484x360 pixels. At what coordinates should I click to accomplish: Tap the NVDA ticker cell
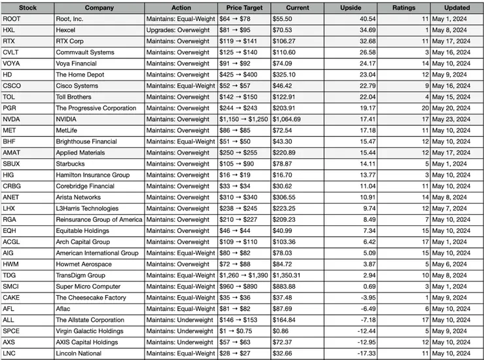(x=11, y=119)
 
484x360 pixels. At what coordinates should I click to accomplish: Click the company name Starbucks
(x=71, y=164)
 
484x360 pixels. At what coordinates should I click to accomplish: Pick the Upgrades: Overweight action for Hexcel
(x=177, y=30)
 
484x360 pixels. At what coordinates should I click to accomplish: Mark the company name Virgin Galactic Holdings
(x=90, y=331)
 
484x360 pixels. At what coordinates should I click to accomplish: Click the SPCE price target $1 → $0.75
(x=235, y=331)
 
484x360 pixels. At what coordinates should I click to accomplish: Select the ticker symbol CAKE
(x=12, y=297)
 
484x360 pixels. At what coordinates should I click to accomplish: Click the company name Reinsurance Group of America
(x=99, y=219)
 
